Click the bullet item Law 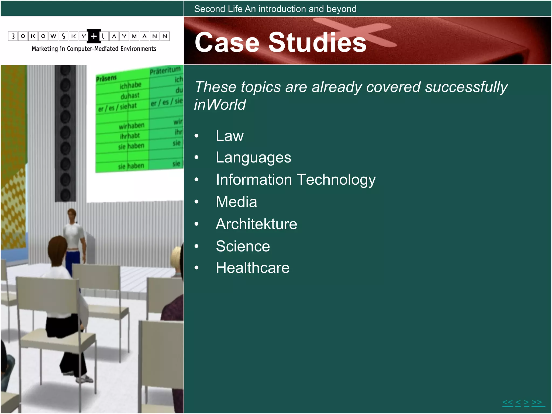tap(229, 136)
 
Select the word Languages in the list tap(253, 158)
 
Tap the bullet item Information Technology tap(295, 180)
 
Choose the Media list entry tap(236, 202)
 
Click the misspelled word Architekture tap(256, 224)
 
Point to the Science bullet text tap(243, 246)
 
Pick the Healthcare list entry tap(253, 268)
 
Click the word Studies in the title tap(317, 42)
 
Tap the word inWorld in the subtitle tap(220, 105)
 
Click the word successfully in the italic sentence tap(466, 87)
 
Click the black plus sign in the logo tap(94, 36)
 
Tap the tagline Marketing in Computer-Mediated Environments tap(94, 49)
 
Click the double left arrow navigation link tap(508, 403)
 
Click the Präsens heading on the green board tap(106, 78)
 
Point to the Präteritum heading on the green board tap(165, 71)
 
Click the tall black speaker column tap(65, 133)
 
